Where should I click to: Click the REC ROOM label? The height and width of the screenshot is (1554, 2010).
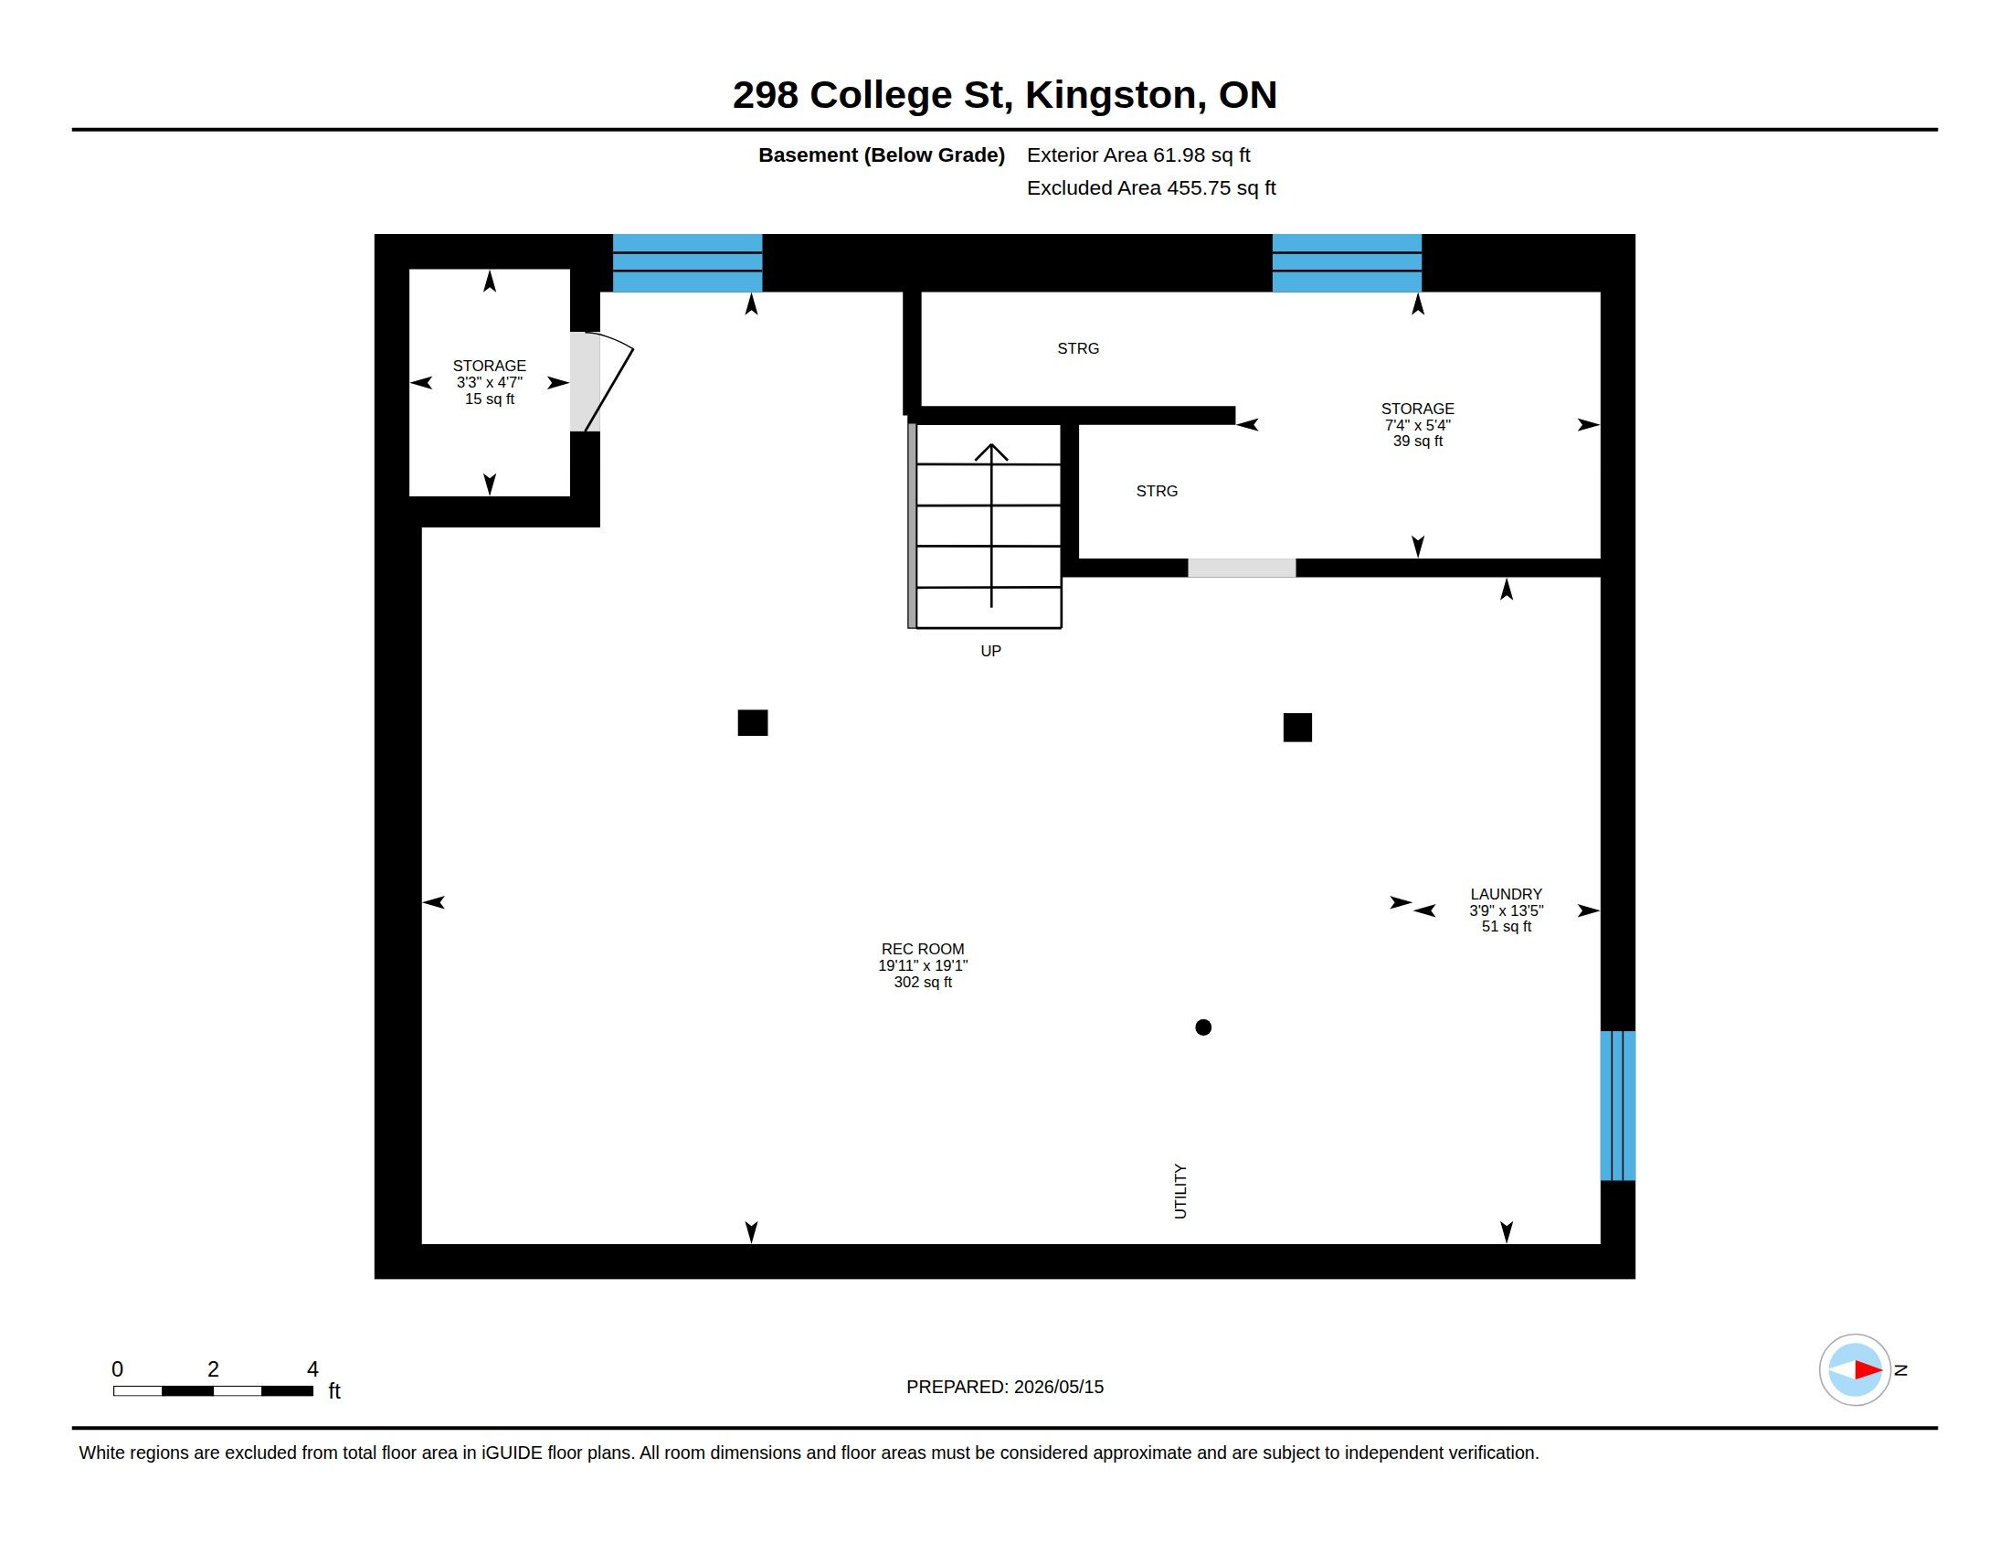tap(922, 948)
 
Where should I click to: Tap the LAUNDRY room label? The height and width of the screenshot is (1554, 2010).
tap(1506, 894)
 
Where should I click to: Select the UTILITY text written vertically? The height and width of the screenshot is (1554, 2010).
tap(1180, 1191)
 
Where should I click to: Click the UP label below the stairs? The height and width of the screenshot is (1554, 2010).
tap(990, 651)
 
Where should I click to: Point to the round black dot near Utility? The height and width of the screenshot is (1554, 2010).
tap(1203, 1027)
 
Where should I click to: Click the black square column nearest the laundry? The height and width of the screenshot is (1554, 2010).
tap(1297, 728)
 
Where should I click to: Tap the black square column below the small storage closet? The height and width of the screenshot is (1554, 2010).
tap(753, 723)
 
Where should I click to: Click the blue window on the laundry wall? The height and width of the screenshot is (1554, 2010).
tap(1618, 1106)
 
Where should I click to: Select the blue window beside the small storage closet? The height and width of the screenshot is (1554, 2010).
tap(687, 263)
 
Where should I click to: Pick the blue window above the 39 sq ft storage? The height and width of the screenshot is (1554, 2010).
tap(1347, 263)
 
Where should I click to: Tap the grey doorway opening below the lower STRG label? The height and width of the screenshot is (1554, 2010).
tap(1242, 568)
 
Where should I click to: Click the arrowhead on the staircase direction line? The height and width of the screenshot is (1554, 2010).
tap(991, 452)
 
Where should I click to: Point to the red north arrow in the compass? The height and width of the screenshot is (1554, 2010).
tap(1868, 1370)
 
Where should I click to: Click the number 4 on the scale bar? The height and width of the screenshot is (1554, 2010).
tap(312, 1369)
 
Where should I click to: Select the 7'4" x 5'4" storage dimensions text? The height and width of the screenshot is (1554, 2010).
tap(1417, 425)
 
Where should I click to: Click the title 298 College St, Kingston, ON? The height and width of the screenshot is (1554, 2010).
tap(1005, 95)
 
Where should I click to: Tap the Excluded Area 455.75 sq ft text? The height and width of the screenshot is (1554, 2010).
tap(1151, 187)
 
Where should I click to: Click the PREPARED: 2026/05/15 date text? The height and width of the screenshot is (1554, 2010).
tap(1005, 1387)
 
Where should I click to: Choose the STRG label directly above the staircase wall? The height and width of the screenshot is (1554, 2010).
tap(1078, 348)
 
